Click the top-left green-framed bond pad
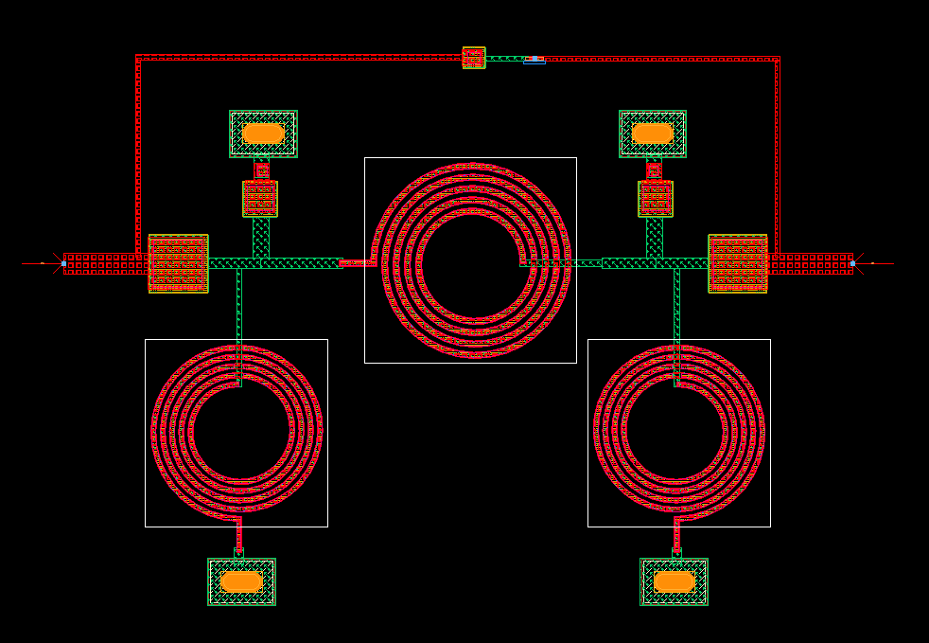263,134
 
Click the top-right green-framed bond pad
653,134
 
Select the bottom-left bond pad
241,581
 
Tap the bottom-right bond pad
675,581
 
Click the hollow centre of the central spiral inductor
470,261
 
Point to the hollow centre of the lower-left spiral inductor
237,432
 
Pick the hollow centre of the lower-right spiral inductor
678,432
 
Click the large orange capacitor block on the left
178,263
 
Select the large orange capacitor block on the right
738,263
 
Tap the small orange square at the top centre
474,58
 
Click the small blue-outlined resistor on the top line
535,60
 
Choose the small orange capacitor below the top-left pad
260,199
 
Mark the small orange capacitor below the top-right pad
656,199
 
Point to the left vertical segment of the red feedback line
139,152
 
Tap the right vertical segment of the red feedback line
778,152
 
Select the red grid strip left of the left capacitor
105,263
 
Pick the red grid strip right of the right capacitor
810,263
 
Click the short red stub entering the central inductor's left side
357,262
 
